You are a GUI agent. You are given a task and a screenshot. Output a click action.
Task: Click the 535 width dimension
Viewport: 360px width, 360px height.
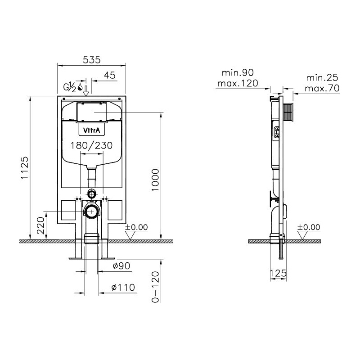coord(92,60)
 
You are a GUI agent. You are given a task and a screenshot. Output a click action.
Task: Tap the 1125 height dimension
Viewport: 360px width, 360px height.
coord(25,167)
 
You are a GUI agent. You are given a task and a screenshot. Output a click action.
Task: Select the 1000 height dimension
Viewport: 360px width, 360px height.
coord(155,180)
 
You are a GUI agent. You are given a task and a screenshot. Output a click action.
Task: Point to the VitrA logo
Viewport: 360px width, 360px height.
coord(91,130)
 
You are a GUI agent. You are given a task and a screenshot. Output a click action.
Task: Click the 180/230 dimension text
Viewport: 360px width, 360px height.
coord(91,145)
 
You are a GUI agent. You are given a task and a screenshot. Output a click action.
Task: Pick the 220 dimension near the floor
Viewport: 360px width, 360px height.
coord(40,225)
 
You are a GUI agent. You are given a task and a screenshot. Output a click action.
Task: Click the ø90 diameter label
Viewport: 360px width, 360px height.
coord(121,266)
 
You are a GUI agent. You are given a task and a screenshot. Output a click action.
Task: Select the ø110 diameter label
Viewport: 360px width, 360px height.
coord(123,287)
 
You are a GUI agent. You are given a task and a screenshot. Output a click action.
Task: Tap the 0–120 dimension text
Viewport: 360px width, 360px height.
coord(155,287)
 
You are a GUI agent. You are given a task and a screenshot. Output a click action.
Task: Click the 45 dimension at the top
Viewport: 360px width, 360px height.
coord(110,75)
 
